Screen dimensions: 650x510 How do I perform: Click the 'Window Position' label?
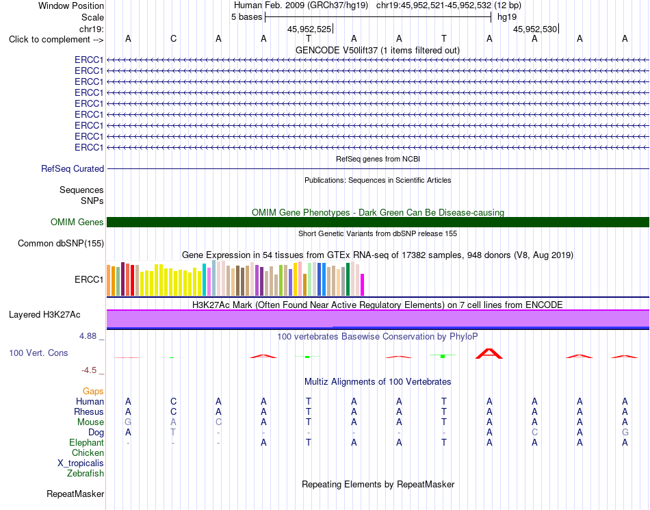point(71,5)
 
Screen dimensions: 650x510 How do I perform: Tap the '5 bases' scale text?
point(246,17)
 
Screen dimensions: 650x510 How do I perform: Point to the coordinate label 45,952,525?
point(309,29)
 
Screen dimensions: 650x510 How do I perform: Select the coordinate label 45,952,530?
point(535,29)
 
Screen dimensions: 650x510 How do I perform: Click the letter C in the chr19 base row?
point(173,38)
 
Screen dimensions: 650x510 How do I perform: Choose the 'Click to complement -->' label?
point(56,40)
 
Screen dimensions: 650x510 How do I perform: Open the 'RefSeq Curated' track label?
point(73,169)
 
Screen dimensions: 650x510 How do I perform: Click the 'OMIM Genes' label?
point(77,222)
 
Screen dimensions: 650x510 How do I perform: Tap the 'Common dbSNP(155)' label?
point(61,244)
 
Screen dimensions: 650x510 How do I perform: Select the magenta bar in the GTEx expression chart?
point(363,285)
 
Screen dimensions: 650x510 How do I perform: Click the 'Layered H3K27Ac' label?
point(44,315)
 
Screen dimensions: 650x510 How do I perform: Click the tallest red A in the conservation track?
point(489,354)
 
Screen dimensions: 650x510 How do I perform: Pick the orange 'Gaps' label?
point(93,391)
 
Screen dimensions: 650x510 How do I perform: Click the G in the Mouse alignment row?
point(128,422)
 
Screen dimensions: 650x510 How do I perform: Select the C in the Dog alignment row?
point(535,433)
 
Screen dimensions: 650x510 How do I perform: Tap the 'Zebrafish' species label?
point(86,474)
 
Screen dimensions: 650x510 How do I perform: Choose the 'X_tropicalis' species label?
point(81,463)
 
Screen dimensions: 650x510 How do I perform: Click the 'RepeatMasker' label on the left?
point(75,494)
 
